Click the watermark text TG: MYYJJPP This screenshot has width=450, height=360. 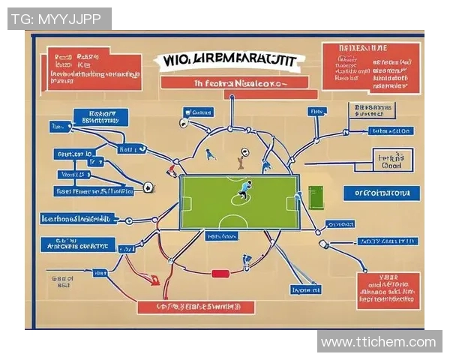[59, 19]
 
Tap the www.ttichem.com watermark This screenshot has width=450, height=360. [378, 342]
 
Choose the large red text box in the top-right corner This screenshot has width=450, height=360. [370, 67]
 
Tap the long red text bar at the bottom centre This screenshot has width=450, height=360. [196, 307]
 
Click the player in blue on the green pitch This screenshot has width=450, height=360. [243, 190]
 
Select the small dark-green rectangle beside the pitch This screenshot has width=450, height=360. [315, 198]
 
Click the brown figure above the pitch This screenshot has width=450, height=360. [241, 159]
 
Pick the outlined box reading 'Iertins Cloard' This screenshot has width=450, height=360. [392, 161]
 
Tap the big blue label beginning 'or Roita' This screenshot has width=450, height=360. [379, 193]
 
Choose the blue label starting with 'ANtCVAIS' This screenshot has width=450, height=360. [77, 244]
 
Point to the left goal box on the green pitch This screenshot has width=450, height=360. [187, 202]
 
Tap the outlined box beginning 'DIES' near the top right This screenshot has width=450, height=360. [370, 112]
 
